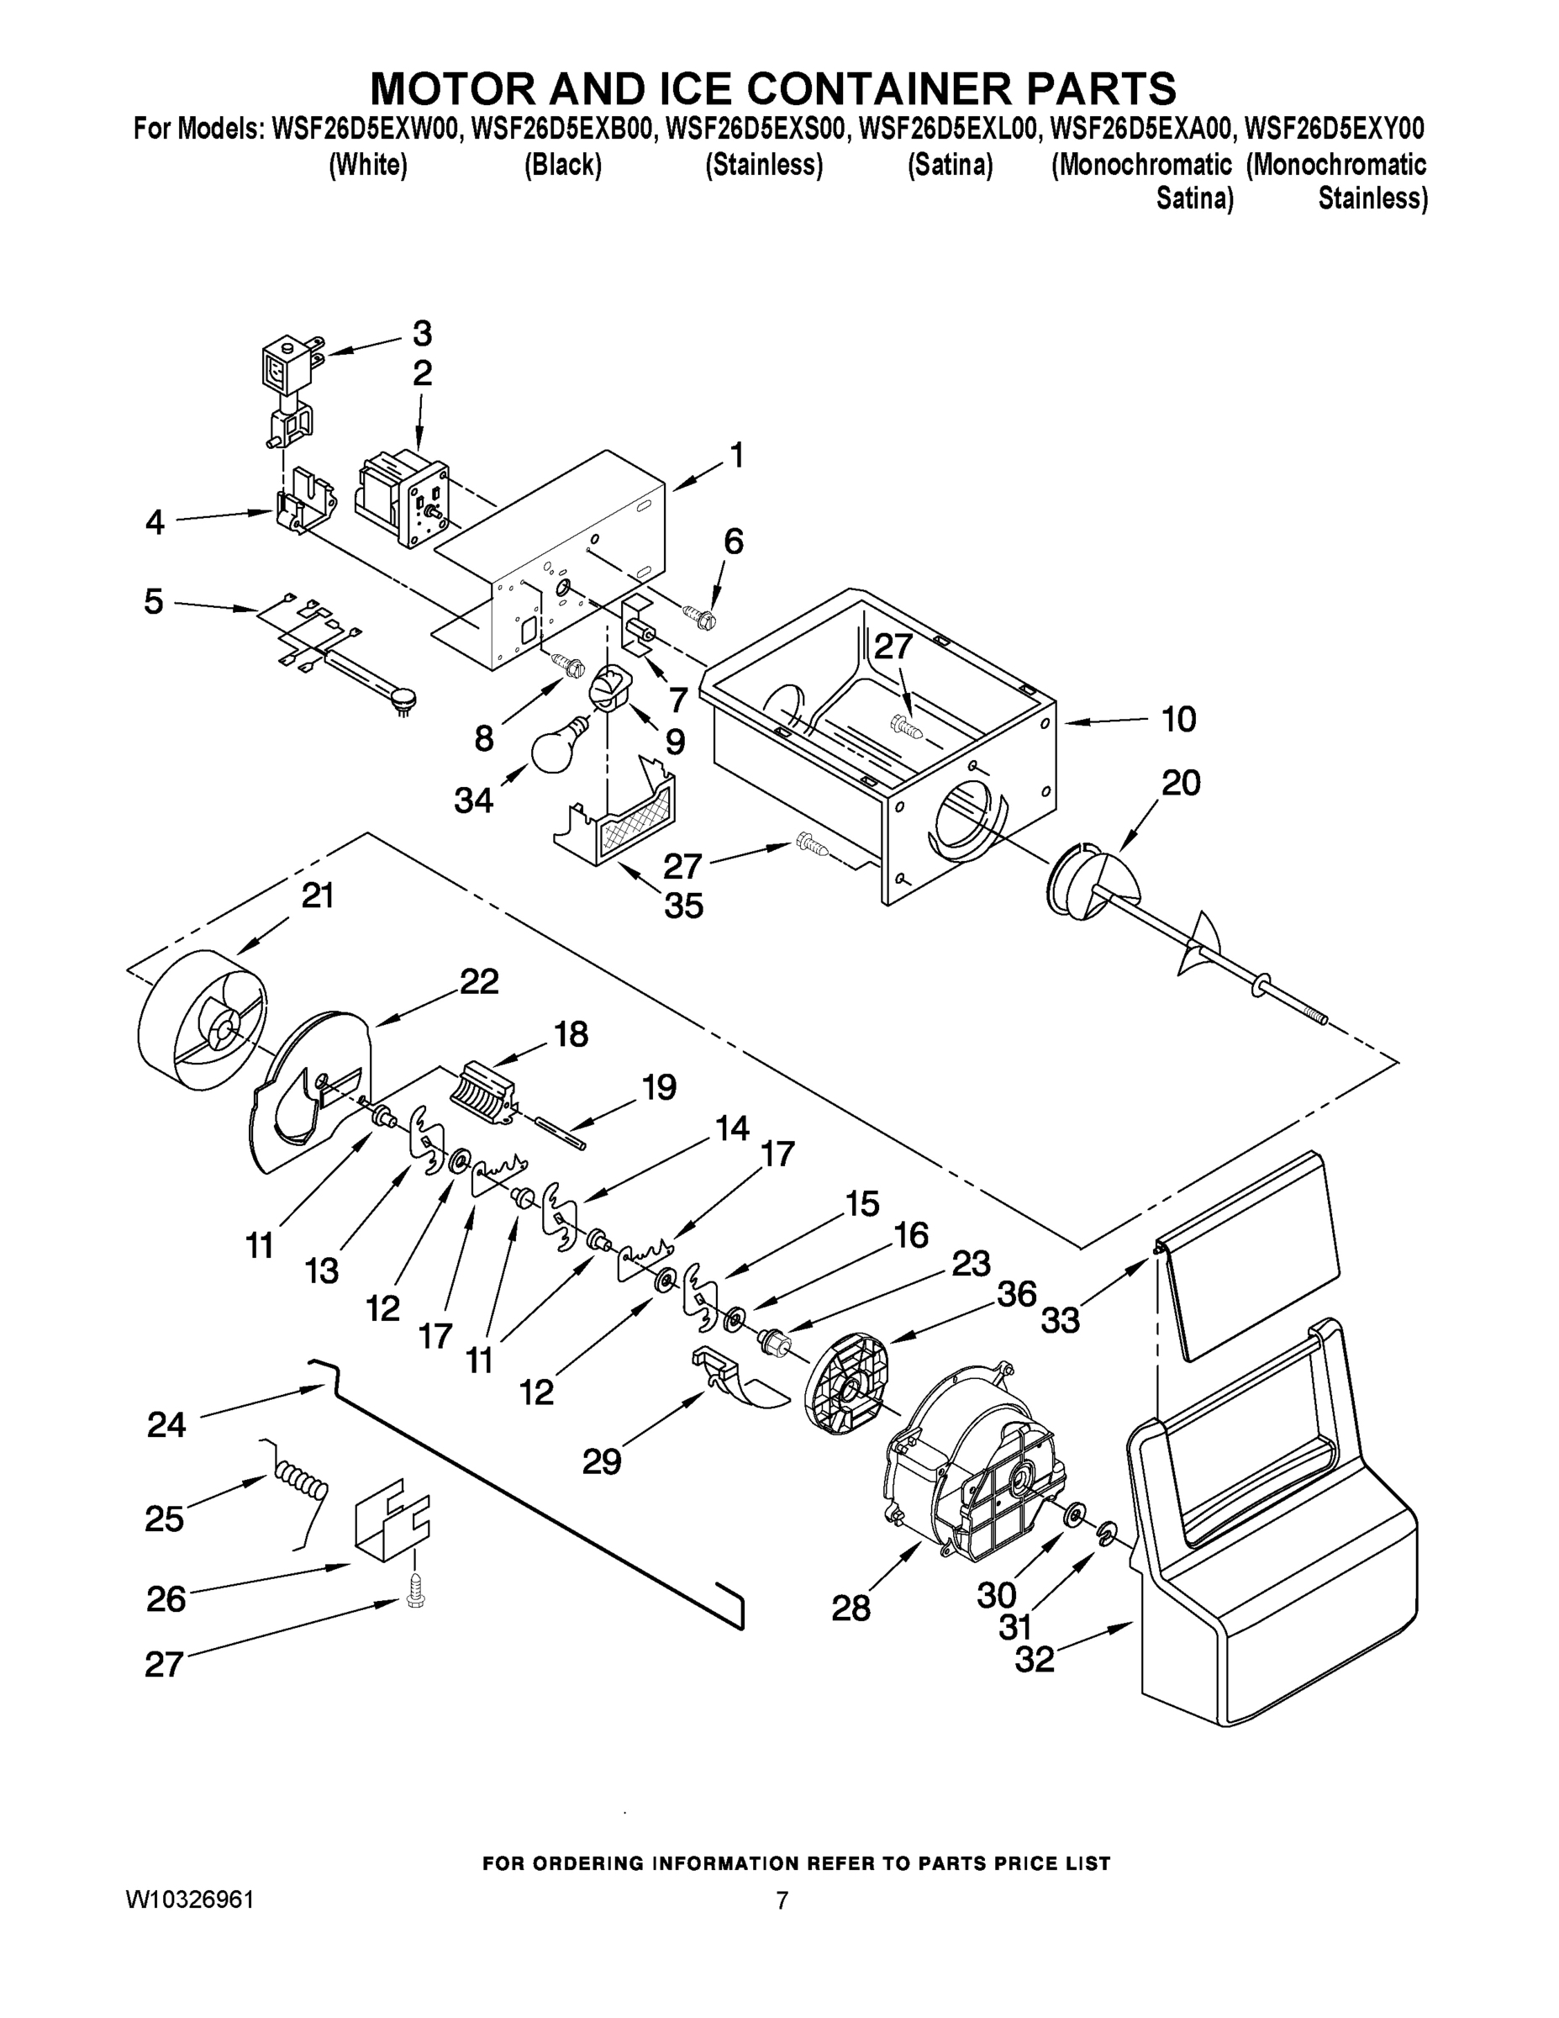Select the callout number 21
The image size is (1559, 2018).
[x=317, y=895]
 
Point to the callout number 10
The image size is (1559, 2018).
[x=1177, y=719]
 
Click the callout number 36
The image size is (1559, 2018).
[x=1016, y=1293]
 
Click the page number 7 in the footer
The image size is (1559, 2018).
[x=782, y=1900]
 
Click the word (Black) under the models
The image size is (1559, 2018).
[x=562, y=166]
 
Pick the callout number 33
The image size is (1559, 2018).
[x=1061, y=1319]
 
